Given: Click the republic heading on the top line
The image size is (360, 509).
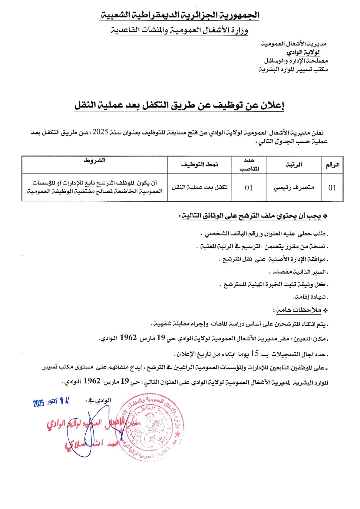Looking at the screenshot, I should [x=180, y=15].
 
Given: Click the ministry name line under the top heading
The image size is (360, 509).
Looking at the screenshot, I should [x=179, y=30].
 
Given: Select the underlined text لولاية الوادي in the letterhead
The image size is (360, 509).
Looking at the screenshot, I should [x=303, y=52].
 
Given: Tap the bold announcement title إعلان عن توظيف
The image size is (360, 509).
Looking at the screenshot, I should [x=179, y=105].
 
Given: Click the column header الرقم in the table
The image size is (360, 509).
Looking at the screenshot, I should [x=332, y=165].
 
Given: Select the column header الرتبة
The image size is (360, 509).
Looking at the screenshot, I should [x=294, y=165].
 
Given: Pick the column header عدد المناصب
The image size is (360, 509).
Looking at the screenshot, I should [x=249, y=164].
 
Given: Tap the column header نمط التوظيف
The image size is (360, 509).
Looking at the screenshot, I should [x=200, y=164].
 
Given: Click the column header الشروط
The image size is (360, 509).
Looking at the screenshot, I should [x=95, y=160].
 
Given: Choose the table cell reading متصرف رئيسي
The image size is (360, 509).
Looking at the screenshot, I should [x=294, y=187].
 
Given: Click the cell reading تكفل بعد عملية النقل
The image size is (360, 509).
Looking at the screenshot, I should [x=200, y=187].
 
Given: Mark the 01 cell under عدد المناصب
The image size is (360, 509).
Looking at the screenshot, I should [x=249, y=188].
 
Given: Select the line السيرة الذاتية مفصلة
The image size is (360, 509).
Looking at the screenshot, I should [x=298, y=272].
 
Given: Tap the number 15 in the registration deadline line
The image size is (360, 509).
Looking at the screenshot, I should [x=254, y=353].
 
